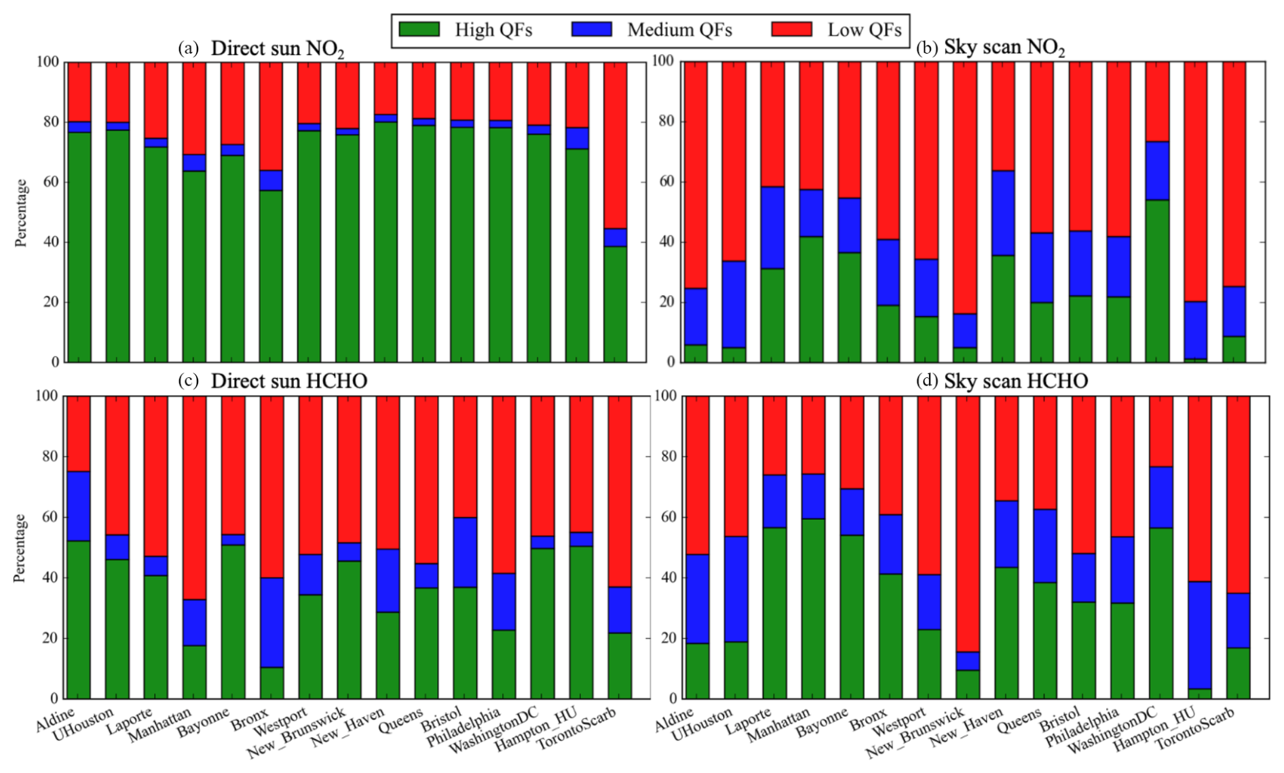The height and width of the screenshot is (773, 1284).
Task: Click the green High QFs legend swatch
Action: pos(419,29)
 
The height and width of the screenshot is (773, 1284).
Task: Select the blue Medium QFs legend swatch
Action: pos(591,29)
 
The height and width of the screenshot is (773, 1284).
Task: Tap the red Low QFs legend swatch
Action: pos(791,29)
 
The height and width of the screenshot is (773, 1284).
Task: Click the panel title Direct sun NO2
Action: pos(277,49)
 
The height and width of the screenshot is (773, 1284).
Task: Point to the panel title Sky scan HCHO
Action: pos(1015,381)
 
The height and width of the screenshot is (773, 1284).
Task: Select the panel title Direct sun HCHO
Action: pos(288,381)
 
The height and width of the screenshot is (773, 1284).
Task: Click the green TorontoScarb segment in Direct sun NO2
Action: pos(616,304)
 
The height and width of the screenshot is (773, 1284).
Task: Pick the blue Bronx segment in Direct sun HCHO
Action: pos(271,622)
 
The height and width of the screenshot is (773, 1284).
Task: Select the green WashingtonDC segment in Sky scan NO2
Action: pos(1157,281)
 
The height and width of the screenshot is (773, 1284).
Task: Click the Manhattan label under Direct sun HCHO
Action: pos(160,725)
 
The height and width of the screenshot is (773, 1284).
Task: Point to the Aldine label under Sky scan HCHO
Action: pos(675,719)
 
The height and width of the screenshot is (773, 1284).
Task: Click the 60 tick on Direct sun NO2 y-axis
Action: pos(51,182)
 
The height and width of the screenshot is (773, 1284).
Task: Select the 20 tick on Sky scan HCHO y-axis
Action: pos(668,638)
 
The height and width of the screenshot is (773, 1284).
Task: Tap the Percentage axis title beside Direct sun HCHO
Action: pos(20,548)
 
